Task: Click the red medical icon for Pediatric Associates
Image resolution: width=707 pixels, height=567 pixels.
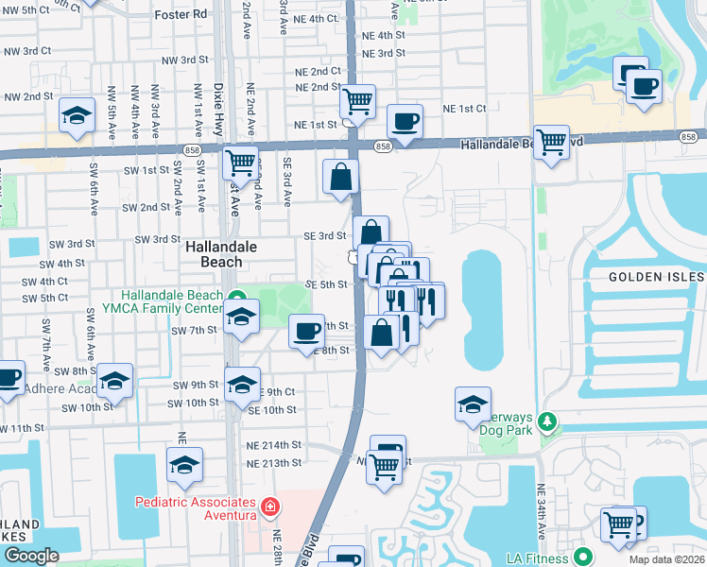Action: point(271,507)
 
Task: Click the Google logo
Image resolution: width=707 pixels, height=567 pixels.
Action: point(31,556)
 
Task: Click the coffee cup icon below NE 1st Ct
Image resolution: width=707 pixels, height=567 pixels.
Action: point(405,122)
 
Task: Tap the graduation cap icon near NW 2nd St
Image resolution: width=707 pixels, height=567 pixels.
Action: point(77,116)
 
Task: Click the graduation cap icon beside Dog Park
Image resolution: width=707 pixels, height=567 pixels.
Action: point(473,405)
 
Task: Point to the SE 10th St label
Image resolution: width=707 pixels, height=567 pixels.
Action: point(272,410)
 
